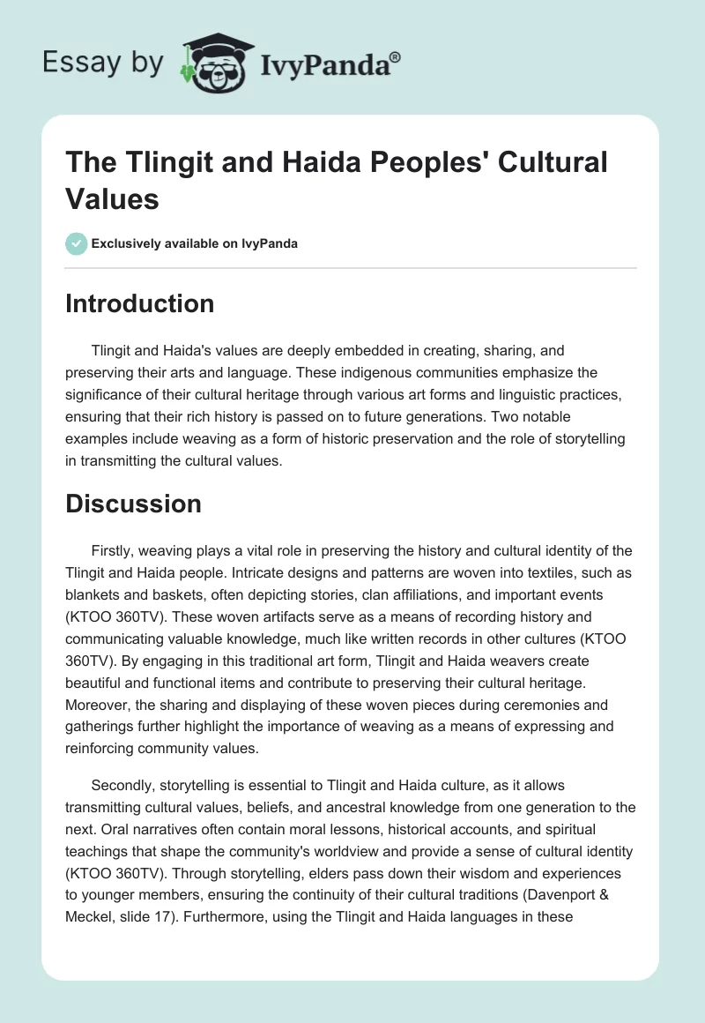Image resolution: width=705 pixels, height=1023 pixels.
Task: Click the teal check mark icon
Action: point(77,243)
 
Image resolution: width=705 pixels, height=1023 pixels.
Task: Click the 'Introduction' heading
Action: point(140,304)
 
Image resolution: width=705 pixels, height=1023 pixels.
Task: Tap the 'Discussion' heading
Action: point(134,504)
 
